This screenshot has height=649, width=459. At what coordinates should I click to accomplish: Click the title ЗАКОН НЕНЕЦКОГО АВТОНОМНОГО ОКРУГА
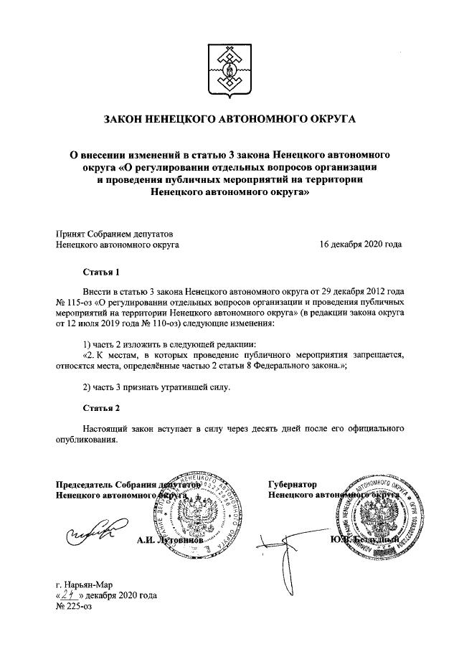tap(229, 118)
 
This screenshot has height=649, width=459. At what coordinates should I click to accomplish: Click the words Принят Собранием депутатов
tap(114, 233)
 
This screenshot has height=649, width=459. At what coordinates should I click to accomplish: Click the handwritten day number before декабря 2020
tap(68, 595)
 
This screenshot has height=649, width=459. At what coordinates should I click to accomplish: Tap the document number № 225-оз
tap(75, 607)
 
